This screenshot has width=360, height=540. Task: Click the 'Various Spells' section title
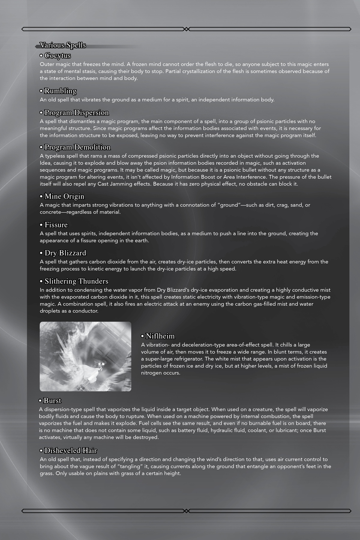click(x=63, y=45)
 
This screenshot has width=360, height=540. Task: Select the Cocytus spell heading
click(x=58, y=56)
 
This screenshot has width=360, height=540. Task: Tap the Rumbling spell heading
click(x=60, y=91)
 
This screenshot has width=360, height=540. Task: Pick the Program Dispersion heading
click(x=76, y=113)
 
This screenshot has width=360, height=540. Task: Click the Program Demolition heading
click(x=77, y=147)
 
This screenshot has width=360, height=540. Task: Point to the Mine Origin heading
click(x=64, y=196)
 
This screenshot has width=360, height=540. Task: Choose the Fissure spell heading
click(x=56, y=225)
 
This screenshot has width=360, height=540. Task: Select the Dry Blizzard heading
click(x=65, y=253)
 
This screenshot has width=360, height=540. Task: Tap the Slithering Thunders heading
click(x=76, y=281)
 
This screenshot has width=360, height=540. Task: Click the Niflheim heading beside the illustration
click(x=160, y=336)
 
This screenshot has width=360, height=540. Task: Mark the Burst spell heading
click(x=52, y=401)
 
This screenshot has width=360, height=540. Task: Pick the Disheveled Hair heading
click(x=70, y=451)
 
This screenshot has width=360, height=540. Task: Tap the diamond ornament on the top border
click(x=186, y=29)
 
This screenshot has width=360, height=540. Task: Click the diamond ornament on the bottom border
click(x=186, y=511)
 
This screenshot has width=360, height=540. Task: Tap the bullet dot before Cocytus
click(x=41, y=56)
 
